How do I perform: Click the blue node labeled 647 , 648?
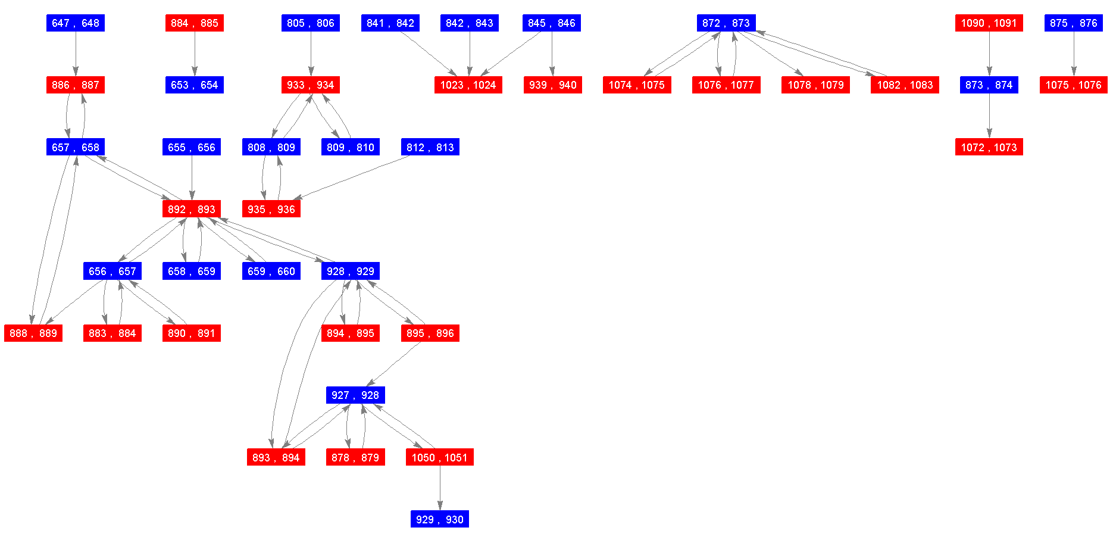76,23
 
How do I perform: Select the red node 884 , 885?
195,23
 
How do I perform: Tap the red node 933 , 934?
311,85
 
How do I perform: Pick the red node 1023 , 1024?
468,85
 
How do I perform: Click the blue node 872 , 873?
726,23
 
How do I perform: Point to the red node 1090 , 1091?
989,23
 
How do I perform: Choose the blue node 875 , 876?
1074,23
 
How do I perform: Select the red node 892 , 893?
192,209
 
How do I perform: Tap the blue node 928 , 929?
351,271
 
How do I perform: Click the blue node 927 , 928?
355,395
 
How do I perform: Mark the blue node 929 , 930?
440,519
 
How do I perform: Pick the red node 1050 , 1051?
440,457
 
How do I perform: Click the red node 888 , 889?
33,333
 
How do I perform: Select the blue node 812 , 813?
430,147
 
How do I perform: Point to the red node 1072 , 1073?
989,147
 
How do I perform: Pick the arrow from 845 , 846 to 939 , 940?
552,54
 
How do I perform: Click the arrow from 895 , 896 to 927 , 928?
394,364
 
